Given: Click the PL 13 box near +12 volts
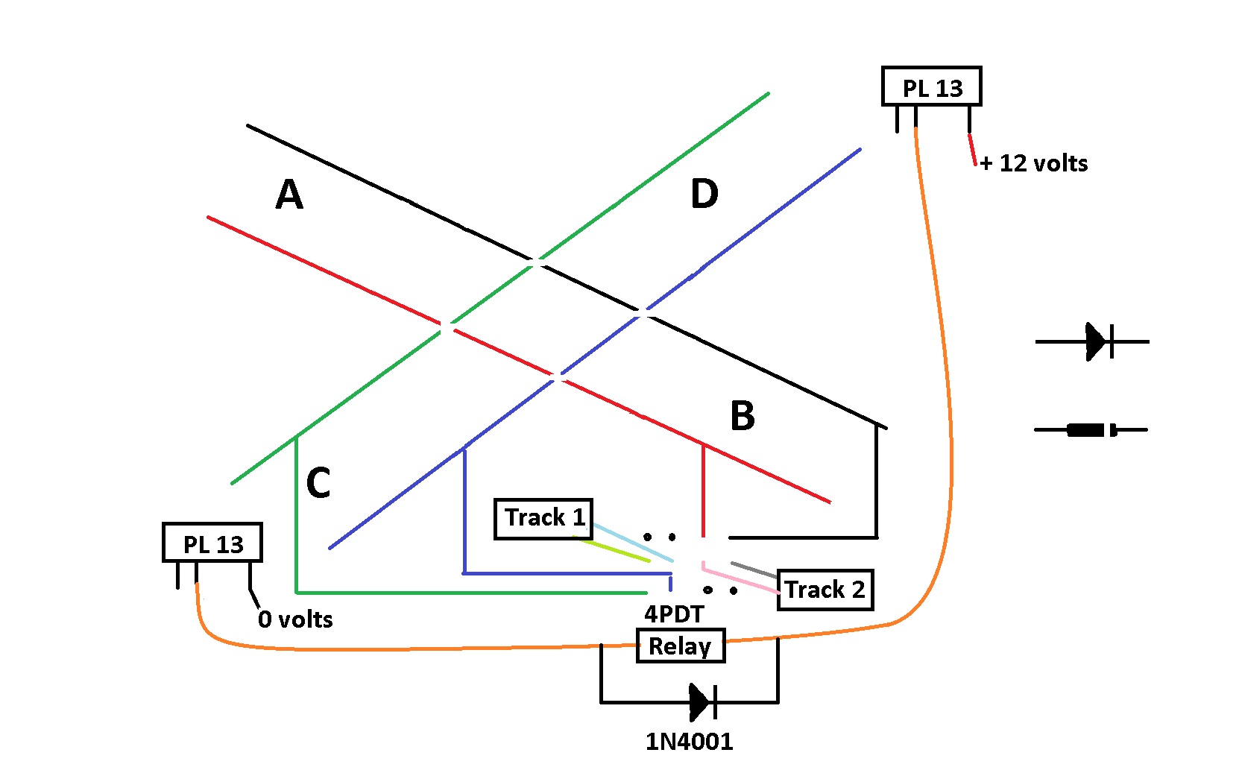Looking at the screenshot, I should pos(931,86).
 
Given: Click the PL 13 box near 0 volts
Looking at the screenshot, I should pos(212,543).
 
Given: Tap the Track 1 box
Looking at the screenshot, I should pos(543,518).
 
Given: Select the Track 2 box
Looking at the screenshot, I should pos(825,590).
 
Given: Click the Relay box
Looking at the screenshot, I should pos(680,646).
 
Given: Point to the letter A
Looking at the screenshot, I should pos(289,195).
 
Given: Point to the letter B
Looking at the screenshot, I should pos(743,415).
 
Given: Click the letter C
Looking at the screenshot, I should pos(318,483).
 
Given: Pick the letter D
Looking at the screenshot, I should pos(704,195).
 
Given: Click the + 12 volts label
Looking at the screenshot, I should pos(1034,163).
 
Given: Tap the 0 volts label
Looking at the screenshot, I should pos(295,619).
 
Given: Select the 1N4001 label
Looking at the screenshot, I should pos(690,742).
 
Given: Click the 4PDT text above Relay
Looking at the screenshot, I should pos(674,614).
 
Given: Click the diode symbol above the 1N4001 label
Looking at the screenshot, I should pos(701,701).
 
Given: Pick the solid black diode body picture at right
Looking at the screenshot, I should pos(1087,429).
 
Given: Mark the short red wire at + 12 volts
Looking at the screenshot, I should pos(972,149).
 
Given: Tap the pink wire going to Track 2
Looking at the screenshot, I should pos(742,581).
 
